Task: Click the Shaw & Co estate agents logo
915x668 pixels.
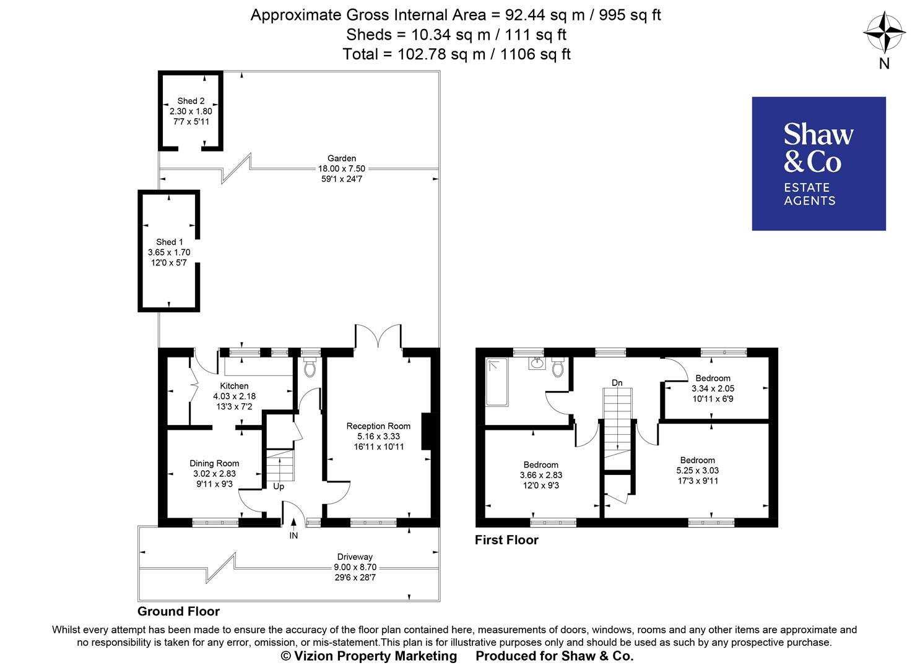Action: pyautogui.click(x=818, y=164)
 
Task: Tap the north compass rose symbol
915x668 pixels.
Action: pyautogui.click(x=884, y=34)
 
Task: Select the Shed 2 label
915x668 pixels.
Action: pyautogui.click(x=191, y=101)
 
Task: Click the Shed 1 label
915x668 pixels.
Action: pyautogui.click(x=169, y=242)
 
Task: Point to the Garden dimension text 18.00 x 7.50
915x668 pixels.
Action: pyautogui.click(x=342, y=168)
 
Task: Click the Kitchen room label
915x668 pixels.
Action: pyautogui.click(x=234, y=386)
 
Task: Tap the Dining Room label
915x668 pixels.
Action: pyautogui.click(x=214, y=463)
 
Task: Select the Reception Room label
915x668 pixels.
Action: pyautogui.click(x=378, y=426)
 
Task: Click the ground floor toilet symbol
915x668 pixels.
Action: pyautogui.click(x=310, y=369)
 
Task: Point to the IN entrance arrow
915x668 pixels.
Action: pyautogui.click(x=293, y=526)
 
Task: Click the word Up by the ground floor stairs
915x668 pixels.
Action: pyautogui.click(x=279, y=487)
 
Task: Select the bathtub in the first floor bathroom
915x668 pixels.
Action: pyautogui.click(x=497, y=382)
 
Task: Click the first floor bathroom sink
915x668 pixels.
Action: pyautogui.click(x=537, y=363)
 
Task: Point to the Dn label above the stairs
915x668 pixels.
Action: pyautogui.click(x=617, y=383)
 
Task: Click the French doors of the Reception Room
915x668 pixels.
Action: pyautogui.click(x=378, y=337)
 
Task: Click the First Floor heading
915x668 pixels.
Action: pyautogui.click(x=506, y=540)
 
